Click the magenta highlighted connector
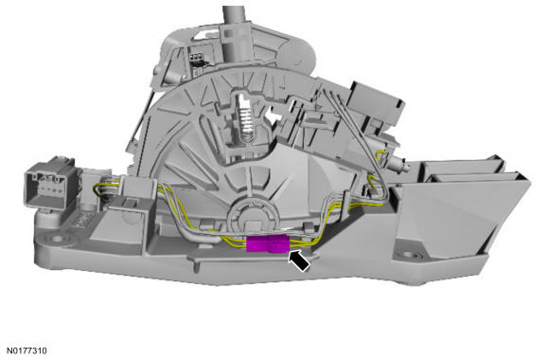(266, 245)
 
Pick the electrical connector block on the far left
(47, 183)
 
